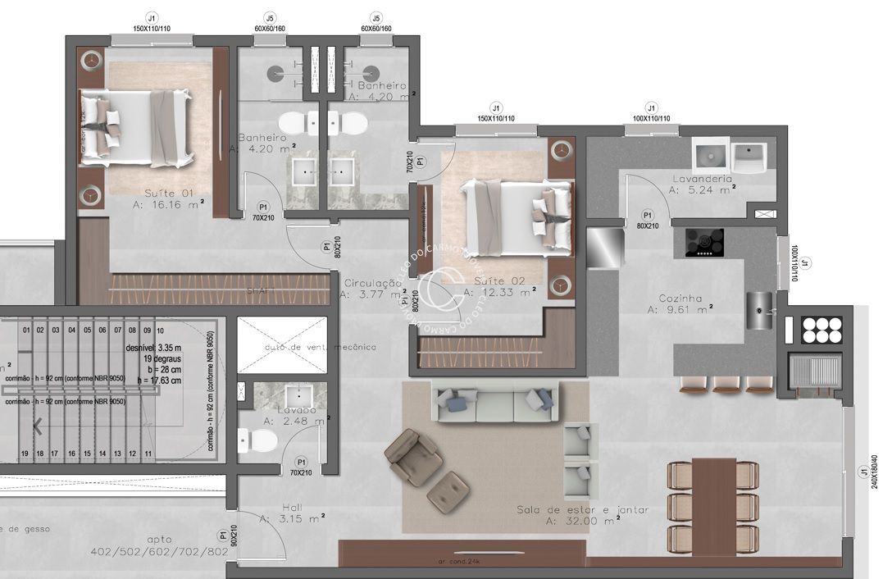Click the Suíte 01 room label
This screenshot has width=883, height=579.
tap(169, 193)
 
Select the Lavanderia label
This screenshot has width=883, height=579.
tap(702, 179)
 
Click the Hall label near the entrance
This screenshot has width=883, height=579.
tap(291, 508)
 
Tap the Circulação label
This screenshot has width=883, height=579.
tap(372, 283)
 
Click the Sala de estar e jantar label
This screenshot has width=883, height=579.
tap(582, 510)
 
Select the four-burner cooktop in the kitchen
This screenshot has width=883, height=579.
tap(704, 242)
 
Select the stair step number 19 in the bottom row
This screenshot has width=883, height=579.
tap(25, 453)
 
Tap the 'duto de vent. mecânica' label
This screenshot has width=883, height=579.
tap(321, 347)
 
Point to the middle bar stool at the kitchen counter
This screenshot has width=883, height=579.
tap(726, 384)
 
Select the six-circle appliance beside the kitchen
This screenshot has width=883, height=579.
tap(822, 330)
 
